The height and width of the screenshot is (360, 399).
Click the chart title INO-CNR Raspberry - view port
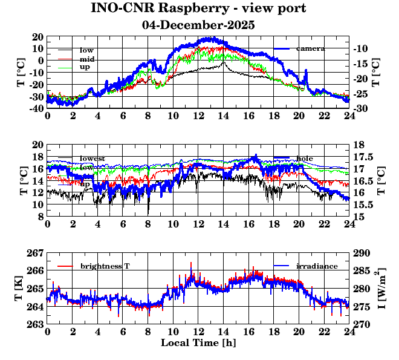[198, 8]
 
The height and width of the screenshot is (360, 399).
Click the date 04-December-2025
[198, 25]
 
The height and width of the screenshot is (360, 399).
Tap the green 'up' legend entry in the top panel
[85, 67]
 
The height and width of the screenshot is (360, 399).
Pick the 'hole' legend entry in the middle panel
[305, 159]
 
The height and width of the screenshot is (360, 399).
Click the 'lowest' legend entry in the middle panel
[92, 159]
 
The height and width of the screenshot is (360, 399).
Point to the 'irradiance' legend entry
[317, 267]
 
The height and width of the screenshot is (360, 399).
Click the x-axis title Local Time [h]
[198, 343]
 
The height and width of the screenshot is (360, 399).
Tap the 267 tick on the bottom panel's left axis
[36, 252]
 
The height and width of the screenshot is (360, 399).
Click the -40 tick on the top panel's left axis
[34, 109]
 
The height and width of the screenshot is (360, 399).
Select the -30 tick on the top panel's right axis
[361, 109]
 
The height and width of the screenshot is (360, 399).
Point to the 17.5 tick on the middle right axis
[363, 157]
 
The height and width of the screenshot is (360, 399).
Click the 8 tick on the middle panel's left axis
[40, 217]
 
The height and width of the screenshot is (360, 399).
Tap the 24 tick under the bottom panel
[349, 332]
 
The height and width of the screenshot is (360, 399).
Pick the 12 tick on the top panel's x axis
[198, 116]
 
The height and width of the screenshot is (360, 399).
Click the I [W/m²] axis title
[383, 289]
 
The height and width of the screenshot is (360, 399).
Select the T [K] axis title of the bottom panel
[20, 289]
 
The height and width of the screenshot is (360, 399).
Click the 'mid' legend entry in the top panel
[86, 59]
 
